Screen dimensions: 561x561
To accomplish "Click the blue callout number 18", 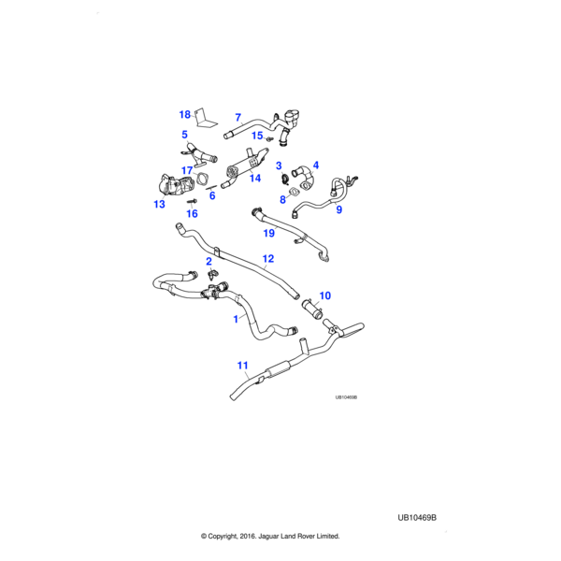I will (185, 114).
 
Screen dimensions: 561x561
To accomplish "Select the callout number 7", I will (237, 118).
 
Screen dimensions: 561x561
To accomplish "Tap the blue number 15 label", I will (257, 136).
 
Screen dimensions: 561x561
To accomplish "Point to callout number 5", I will (185, 135).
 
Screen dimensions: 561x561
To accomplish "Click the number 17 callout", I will (187, 170).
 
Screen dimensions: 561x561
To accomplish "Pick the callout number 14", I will (255, 178).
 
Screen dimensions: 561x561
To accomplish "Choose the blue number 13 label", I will (159, 203).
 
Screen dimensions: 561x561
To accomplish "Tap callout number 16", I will (193, 214).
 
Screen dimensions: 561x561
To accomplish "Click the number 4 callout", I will (316, 165).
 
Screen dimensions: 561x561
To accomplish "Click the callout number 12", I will (267, 259).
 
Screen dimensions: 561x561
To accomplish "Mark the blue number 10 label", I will (325, 295).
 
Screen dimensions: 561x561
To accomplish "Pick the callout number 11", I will (242, 366).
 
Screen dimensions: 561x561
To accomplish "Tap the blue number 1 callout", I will (236, 319).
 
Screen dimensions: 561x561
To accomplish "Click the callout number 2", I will (209, 262).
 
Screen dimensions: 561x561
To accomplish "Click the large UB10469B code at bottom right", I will (417, 517).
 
